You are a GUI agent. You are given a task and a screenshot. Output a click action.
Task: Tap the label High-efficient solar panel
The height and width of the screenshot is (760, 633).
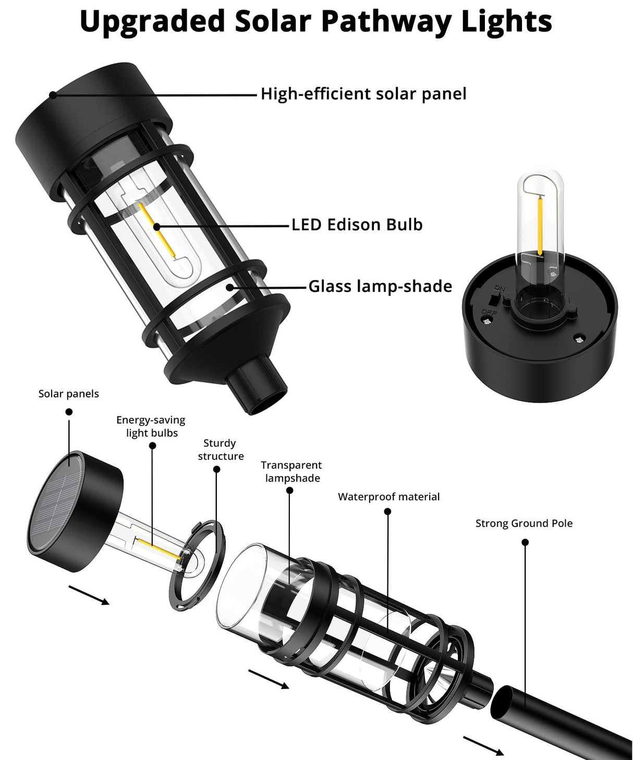pyautogui.click(x=363, y=94)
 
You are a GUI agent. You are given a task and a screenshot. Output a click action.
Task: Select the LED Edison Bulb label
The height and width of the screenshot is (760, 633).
pyautogui.click(x=357, y=225)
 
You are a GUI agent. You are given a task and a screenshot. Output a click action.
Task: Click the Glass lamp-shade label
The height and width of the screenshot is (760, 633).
pyautogui.click(x=380, y=286)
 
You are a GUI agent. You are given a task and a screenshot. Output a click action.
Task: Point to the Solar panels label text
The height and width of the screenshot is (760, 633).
pyautogui.click(x=68, y=394)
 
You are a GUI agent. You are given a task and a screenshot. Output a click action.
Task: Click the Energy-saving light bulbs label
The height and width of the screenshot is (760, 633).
pyautogui.click(x=151, y=427)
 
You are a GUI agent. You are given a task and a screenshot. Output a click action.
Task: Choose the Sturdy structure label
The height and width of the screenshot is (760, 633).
pyautogui.click(x=221, y=450)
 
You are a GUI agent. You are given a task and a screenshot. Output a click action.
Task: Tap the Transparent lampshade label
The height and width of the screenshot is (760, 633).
pyautogui.click(x=291, y=472)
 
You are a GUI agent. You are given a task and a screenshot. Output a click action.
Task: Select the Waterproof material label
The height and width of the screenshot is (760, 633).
pyautogui.click(x=388, y=497)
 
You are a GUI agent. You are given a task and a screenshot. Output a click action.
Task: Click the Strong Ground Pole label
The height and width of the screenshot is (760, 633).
pyautogui.click(x=524, y=524)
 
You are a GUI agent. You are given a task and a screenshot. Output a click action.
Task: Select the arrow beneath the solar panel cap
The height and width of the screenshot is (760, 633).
pyautogui.click(x=89, y=595)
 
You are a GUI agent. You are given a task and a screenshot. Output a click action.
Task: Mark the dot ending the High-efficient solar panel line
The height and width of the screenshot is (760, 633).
pyautogui.click(x=53, y=94)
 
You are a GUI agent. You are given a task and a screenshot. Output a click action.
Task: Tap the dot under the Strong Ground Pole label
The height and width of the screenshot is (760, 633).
pyautogui.click(x=525, y=542)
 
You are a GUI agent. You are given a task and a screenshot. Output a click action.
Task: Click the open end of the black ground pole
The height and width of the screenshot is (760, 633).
pyautogui.click(x=505, y=702)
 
